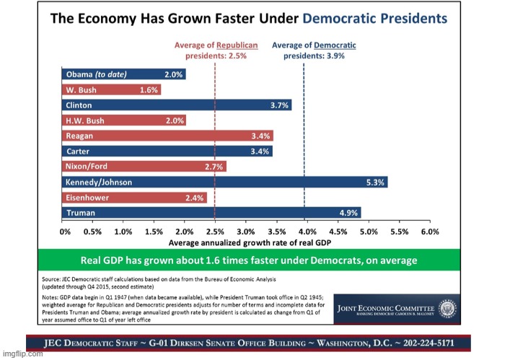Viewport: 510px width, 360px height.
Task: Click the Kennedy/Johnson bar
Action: point(224,182)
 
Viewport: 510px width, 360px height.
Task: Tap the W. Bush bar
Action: point(112,89)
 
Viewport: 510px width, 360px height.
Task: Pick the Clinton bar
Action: point(177,105)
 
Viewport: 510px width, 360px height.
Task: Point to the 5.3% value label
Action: point(375,182)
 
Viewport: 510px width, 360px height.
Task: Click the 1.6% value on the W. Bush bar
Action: point(149,89)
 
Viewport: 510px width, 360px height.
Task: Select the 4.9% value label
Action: point(349,213)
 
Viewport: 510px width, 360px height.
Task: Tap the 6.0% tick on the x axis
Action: point(429,232)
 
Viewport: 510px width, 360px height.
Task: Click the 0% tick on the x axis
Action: point(65,232)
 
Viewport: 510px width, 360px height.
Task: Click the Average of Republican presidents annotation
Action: point(214,50)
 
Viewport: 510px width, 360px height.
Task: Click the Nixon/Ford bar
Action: point(144,167)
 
